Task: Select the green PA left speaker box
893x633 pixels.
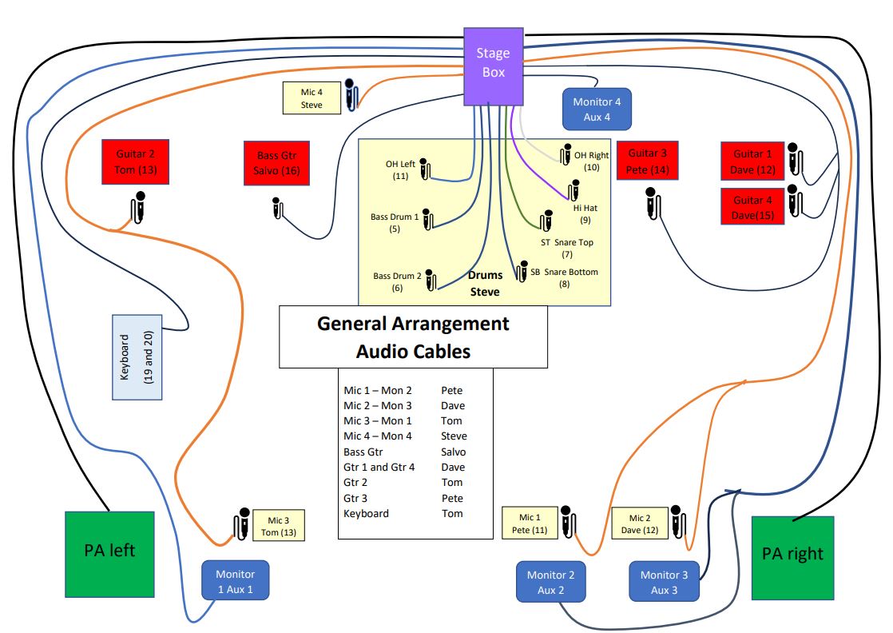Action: click(109, 554)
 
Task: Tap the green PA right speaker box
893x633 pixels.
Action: click(793, 557)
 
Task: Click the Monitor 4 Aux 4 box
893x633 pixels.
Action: click(597, 109)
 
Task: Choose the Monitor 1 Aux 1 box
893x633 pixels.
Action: click(235, 580)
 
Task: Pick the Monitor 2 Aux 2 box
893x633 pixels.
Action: click(551, 582)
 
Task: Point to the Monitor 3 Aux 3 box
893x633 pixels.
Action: click(664, 582)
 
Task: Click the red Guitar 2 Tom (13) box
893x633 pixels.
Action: click(135, 162)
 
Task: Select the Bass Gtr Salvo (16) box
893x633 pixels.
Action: click(276, 163)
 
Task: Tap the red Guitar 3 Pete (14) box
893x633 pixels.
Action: click(648, 162)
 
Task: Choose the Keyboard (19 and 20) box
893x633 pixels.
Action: click(136, 356)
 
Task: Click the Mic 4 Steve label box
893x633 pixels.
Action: click(312, 98)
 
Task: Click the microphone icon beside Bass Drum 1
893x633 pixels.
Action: click(427, 220)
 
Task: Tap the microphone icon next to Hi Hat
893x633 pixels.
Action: click(573, 190)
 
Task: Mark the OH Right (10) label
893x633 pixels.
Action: click(591, 161)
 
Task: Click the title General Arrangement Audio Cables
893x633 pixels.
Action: click(413, 336)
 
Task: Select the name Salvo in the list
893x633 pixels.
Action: click(453, 452)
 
